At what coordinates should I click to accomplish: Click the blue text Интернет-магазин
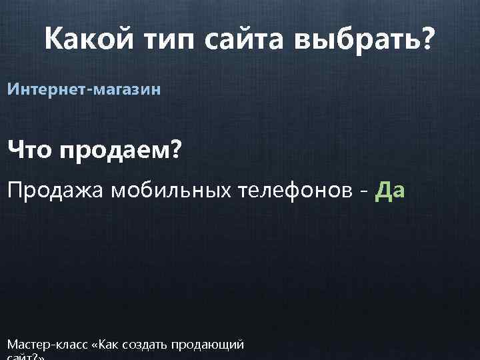point(84,89)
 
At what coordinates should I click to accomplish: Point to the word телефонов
point(300,192)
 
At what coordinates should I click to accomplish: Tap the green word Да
point(390,192)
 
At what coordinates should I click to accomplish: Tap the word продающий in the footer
point(207,345)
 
